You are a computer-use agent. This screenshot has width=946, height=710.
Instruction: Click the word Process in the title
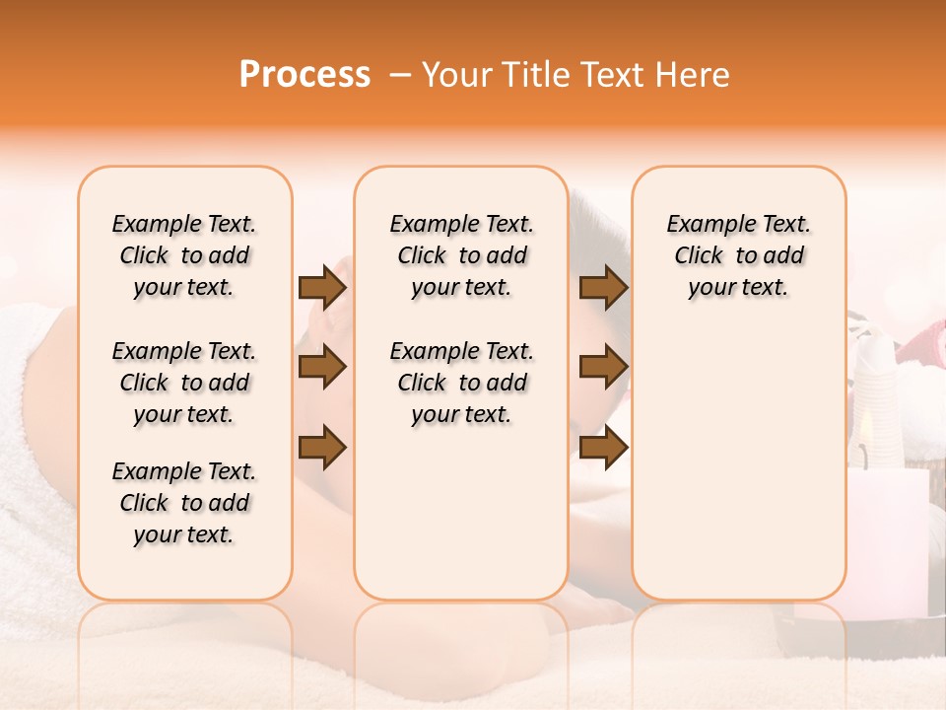pyautogui.click(x=304, y=75)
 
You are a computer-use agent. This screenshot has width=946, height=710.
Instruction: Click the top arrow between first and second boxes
pyautogui.click(x=322, y=288)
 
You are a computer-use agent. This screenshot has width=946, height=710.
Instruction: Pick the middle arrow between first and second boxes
pyautogui.click(x=322, y=368)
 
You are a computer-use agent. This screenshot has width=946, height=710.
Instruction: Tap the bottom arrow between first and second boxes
pyautogui.click(x=322, y=448)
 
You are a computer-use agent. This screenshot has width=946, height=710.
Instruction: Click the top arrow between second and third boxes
pyautogui.click(x=603, y=288)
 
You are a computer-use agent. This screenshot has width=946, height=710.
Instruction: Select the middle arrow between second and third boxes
pyautogui.click(x=603, y=368)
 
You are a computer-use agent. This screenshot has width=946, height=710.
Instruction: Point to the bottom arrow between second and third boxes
pyautogui.click(x=603, y=448)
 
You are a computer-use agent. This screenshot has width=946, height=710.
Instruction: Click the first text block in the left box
pyautogui.click(x=184, y=256)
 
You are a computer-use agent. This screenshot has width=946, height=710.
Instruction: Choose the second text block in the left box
pyautogui.click(x=184, y=383)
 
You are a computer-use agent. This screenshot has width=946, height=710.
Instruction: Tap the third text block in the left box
pyautogui.click(x=184, y=503)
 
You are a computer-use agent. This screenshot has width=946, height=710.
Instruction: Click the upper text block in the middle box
pyautogui.click(x=462, y=256)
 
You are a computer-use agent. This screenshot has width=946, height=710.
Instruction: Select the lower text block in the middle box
pyautogui.click(x=462, y=383)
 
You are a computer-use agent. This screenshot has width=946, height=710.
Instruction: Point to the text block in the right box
pyautogui.click(x=739, y=256)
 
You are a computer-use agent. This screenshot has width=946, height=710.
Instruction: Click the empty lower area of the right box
pyautogui.click(x=739, y=473)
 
